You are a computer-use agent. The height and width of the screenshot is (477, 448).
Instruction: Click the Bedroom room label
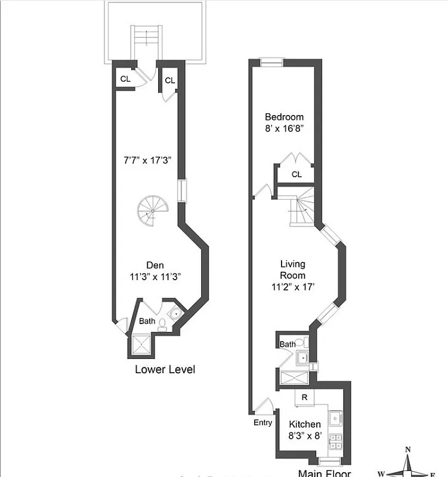(284, 117)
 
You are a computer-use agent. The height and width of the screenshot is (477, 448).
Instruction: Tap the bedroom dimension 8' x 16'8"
(284, 128)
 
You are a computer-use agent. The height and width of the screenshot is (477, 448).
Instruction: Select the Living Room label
(293, 270)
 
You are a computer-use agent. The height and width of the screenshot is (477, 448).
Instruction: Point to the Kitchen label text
(304, 425)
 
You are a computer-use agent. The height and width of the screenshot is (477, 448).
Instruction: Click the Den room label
(155, 265)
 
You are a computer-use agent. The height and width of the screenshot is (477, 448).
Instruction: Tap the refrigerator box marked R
(304, 397)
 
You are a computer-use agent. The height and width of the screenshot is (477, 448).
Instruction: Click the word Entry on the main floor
(262, 423)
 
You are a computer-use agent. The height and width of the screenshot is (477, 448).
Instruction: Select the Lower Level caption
(165, 369)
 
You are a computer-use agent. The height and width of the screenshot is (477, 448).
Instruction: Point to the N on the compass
(407, 450)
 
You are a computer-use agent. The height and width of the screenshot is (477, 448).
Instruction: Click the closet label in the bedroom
(296, 174)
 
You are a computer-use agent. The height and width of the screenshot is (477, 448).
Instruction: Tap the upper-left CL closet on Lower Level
(125, 79)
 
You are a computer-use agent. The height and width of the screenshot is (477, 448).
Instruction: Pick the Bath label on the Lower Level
(147, 321)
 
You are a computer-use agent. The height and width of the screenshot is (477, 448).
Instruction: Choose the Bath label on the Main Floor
(288, 344)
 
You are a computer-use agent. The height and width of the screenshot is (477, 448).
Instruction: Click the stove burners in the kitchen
(336, 442)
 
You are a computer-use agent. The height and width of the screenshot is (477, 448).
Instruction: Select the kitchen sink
(336, 418)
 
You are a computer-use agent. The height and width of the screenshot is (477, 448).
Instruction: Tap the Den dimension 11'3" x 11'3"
(155, 277)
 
